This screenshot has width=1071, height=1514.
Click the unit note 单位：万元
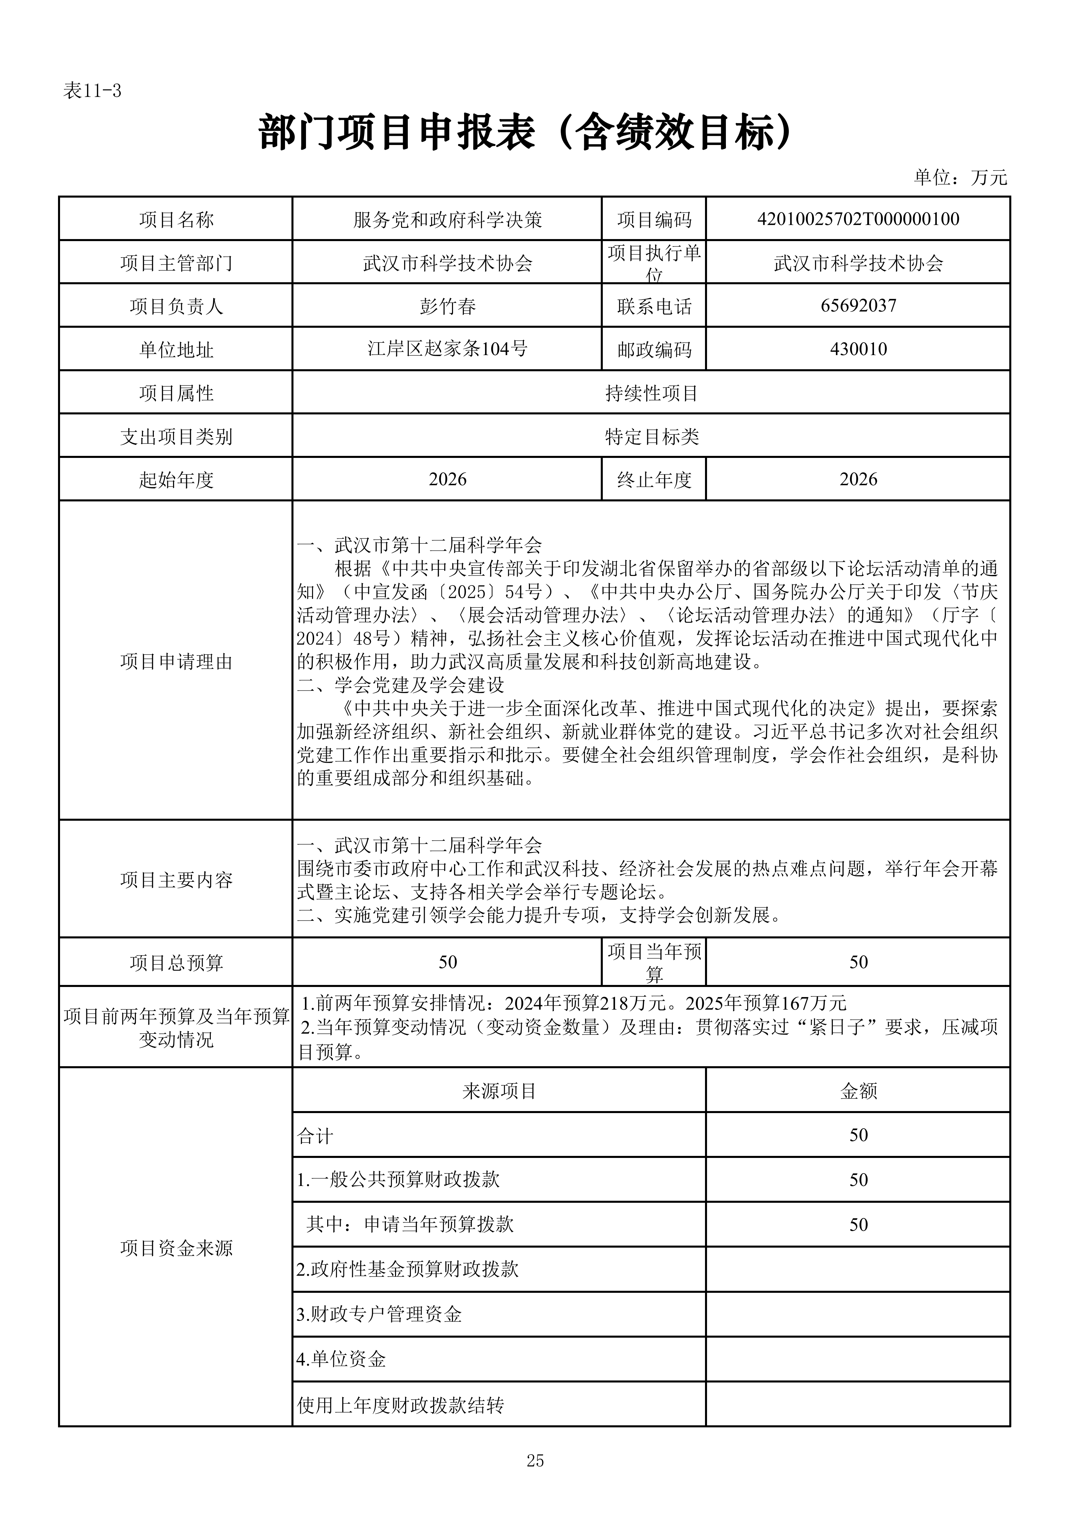tap(960, 177)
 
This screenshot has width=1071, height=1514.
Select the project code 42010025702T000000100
tap(858, 219)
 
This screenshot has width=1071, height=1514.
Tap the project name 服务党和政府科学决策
tap(447, 220)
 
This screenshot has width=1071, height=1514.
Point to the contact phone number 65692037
tap(858, 305)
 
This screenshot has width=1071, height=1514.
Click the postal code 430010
tap(858, 349)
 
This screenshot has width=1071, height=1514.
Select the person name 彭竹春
tap(447, 306)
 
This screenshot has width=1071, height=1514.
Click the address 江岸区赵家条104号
tap(447, 349)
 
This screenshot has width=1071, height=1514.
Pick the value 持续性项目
tap(651, 393)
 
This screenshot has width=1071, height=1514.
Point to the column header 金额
tap(858, 1091)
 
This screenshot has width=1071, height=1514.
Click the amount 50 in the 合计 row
tap(858, 1135)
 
